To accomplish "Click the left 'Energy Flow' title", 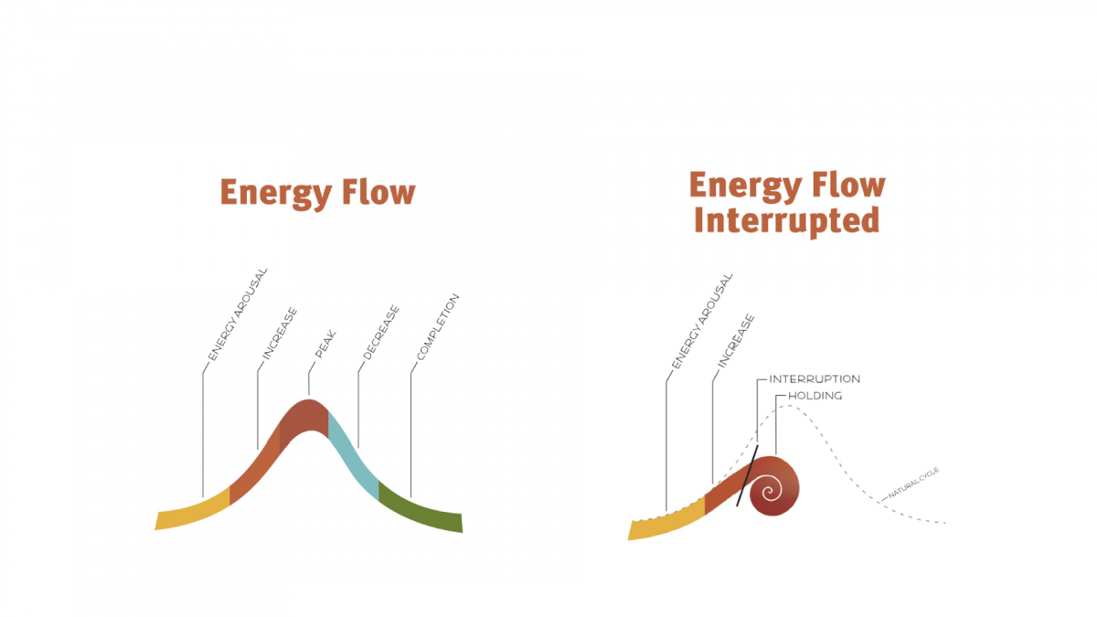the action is pos(317,194).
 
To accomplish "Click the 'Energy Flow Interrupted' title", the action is pos(786,203).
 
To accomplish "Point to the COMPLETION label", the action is pos(436,328).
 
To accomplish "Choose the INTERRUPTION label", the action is pos(815,379).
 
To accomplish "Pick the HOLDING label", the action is pos(815,396).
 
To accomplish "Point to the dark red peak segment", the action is pos(304,418).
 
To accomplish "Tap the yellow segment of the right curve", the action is pos(666,523).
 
